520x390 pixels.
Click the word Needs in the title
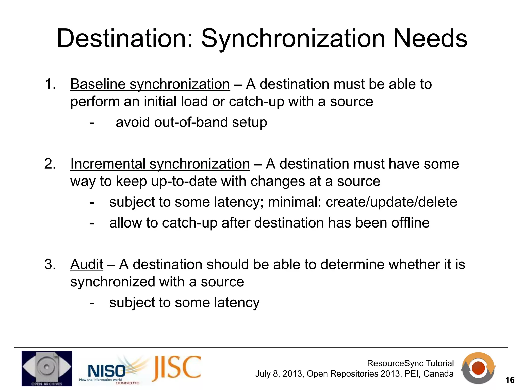click(x=430, y=39)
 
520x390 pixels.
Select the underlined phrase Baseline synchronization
click(x=150, y=84)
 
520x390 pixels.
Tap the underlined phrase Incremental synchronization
click(x=160, y=164)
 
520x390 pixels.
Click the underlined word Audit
click(x=87, y=264)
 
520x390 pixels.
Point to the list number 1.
click(x=50, y=84)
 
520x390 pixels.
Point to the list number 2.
click(x=50, y=164)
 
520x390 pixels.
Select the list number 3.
click(x=50, y=264)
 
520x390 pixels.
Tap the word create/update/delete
click(x=391, y=202)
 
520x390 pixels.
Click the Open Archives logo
click(x=47, y=368)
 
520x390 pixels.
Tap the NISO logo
click(x=107, y=371)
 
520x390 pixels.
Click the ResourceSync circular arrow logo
click(x=478, y=368)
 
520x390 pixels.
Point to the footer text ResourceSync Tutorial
click(x=410, y=363)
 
